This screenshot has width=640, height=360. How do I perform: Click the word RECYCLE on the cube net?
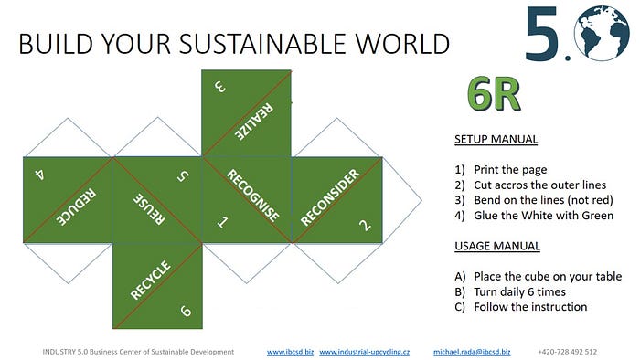click(150, 281)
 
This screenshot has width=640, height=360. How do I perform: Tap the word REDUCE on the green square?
click(76, 206)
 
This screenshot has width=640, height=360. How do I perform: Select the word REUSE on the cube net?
click(149, 208)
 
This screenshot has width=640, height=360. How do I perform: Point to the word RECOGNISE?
click(253, 196)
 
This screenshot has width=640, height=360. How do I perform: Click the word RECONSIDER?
click(330, 197)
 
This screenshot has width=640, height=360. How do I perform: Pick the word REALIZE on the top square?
click(253, 122)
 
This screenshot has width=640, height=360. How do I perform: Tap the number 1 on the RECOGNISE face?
click(222, 222)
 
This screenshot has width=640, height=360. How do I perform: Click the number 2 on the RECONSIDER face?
click(365, 225)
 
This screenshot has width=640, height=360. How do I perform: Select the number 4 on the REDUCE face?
click(39, 175)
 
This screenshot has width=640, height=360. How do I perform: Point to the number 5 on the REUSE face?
click(183, 175)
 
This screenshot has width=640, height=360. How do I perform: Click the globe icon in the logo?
click(602, 34)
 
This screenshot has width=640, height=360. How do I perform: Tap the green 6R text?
click(494, 94)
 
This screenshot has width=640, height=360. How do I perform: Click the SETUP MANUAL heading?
click(496, 139)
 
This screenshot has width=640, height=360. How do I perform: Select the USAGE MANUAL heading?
click(497, 246)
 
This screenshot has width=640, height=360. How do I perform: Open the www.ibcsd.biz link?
click(290, 352)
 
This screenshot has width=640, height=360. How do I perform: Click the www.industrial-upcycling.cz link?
click(365, 352)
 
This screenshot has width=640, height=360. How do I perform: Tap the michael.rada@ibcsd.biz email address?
click(472, 352)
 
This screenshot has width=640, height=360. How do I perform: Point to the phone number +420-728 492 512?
click(568, 352)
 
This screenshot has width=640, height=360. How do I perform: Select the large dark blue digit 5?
click(541, 34)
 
